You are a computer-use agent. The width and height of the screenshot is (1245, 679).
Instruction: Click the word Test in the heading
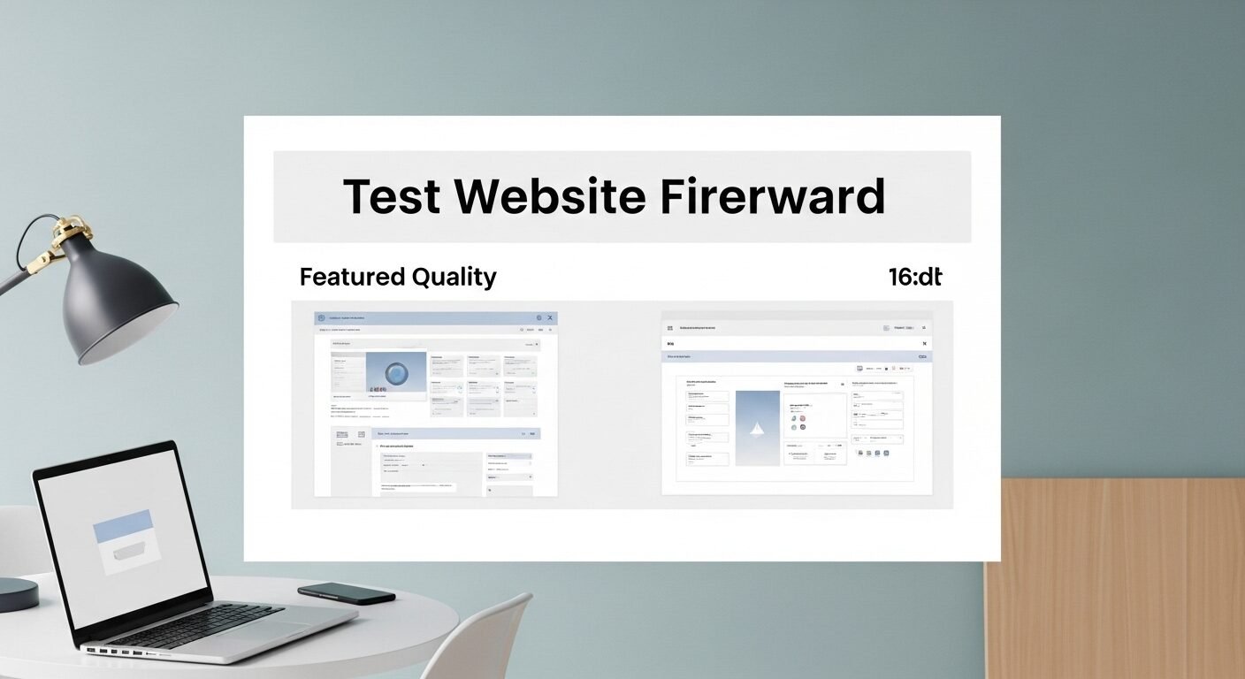[392, 196]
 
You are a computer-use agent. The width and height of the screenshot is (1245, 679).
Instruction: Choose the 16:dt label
[915, 277]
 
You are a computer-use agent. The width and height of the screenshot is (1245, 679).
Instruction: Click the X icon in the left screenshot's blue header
[549, 317]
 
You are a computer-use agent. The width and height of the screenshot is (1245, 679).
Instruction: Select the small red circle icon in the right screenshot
[803, 417]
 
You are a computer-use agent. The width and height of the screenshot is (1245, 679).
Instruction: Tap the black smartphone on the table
[346, 592]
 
